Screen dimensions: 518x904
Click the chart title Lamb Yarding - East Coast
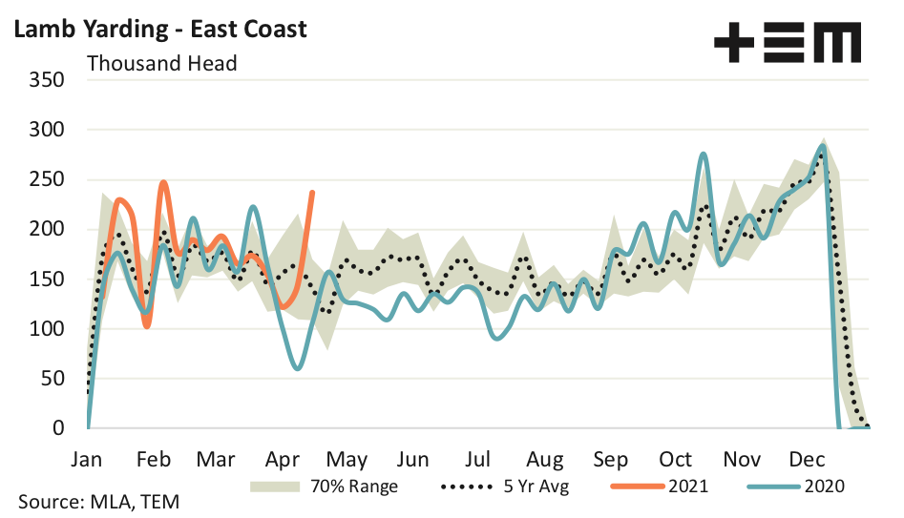pos(160,29)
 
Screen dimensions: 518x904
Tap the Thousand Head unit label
pos(161,64)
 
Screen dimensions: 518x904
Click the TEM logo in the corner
pos(787,43)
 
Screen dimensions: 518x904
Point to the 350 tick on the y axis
pos(47,79)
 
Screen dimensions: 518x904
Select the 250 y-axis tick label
pos(47,179)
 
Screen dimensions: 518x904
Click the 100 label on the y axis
pos(47,329)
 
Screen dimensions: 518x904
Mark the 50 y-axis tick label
pos(53,379)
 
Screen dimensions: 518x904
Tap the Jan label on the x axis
pos(88,458)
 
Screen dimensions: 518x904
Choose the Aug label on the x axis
pos(545,458)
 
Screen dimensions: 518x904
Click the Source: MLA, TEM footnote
pos(98,502)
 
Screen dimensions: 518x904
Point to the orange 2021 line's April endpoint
pos(313,193)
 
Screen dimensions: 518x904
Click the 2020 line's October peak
pos(704,154)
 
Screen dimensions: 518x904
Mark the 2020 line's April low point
pos(299,368)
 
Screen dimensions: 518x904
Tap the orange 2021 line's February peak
pos(163,182)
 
